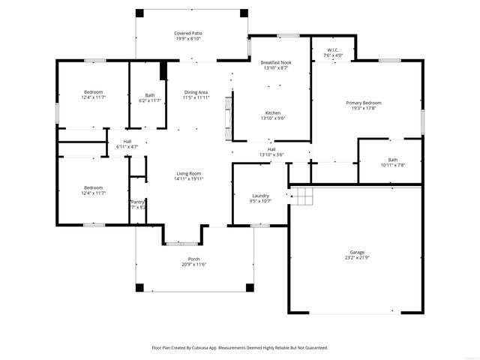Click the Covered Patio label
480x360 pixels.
click(x=188, y=34)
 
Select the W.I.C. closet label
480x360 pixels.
click(x=333, y=50)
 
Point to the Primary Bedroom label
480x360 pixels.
click(x=363, y=103)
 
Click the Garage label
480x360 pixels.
click(x=356, y=252)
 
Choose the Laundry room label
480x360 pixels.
click(x=259, y=196)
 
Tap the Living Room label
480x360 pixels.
click(x=188, y=173)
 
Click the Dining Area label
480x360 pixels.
click(x=196, y=92)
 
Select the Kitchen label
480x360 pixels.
click(x=273, y=112)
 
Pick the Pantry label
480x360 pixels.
click(x=137, y=202)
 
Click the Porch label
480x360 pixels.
click(x=193, y=259)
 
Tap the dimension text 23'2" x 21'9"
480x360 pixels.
click(x=356, y=258)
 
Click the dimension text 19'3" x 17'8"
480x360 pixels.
click(x=363, y=108)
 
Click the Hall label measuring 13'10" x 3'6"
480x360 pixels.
click(x=271, y=149)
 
